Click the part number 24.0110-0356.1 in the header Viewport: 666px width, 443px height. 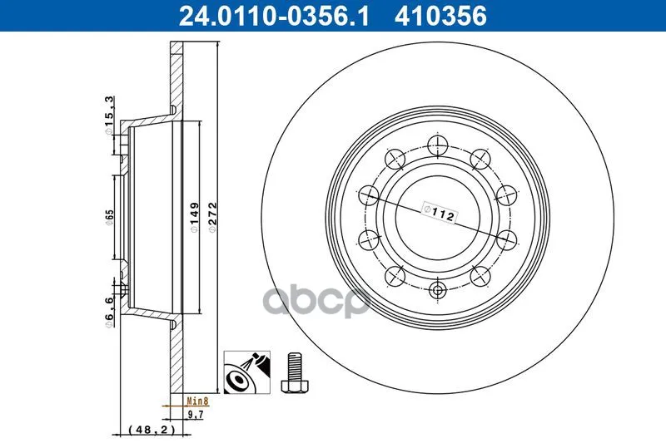pos(274,16)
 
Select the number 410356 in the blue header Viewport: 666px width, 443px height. pos(440,16)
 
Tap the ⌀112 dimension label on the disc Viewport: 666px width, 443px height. pos(440,213)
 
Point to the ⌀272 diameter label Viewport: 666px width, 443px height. pos(212,217)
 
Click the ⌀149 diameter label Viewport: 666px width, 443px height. pos(194,217)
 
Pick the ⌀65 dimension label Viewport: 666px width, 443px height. pos(110,217)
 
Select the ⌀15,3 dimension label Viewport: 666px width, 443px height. pos(109,116)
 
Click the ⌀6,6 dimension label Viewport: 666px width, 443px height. pos(109,312)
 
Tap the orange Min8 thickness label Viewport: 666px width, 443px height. pos(197,401)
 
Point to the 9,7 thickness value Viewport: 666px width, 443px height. pos(196,415)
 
